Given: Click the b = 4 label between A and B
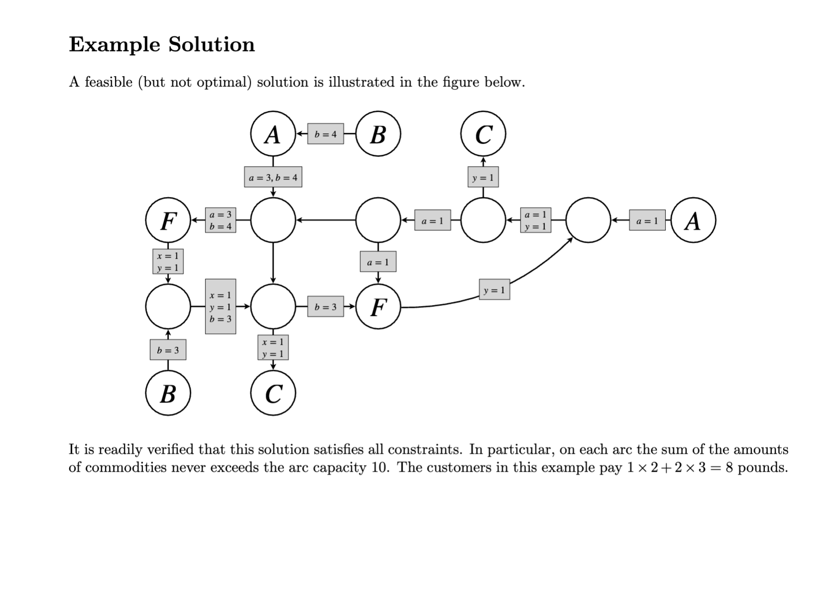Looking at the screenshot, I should [x=325, y=134].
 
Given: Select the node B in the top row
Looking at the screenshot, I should [x=378, y=134].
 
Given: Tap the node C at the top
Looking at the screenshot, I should [x=483, y=134].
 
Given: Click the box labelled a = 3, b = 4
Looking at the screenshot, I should [x=273, y=177].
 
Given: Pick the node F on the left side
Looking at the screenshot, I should [x=168, y=220].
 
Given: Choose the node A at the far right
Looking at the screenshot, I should [x=693, y=220].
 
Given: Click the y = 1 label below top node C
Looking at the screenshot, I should [x=483, y=177].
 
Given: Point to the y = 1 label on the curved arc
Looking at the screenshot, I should [x=494, y=290].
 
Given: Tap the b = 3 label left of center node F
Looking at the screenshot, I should [x=325, y=307].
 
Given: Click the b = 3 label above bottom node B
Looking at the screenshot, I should [x=168, y=350].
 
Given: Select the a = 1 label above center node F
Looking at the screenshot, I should [x=378, y=262].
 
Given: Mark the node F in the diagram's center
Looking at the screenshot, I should [x=378, y=307].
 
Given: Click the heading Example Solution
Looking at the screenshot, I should [x=162, y=45].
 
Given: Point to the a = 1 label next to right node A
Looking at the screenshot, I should [x=647, y=220].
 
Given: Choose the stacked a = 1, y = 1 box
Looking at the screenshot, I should [x=535, y=220].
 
